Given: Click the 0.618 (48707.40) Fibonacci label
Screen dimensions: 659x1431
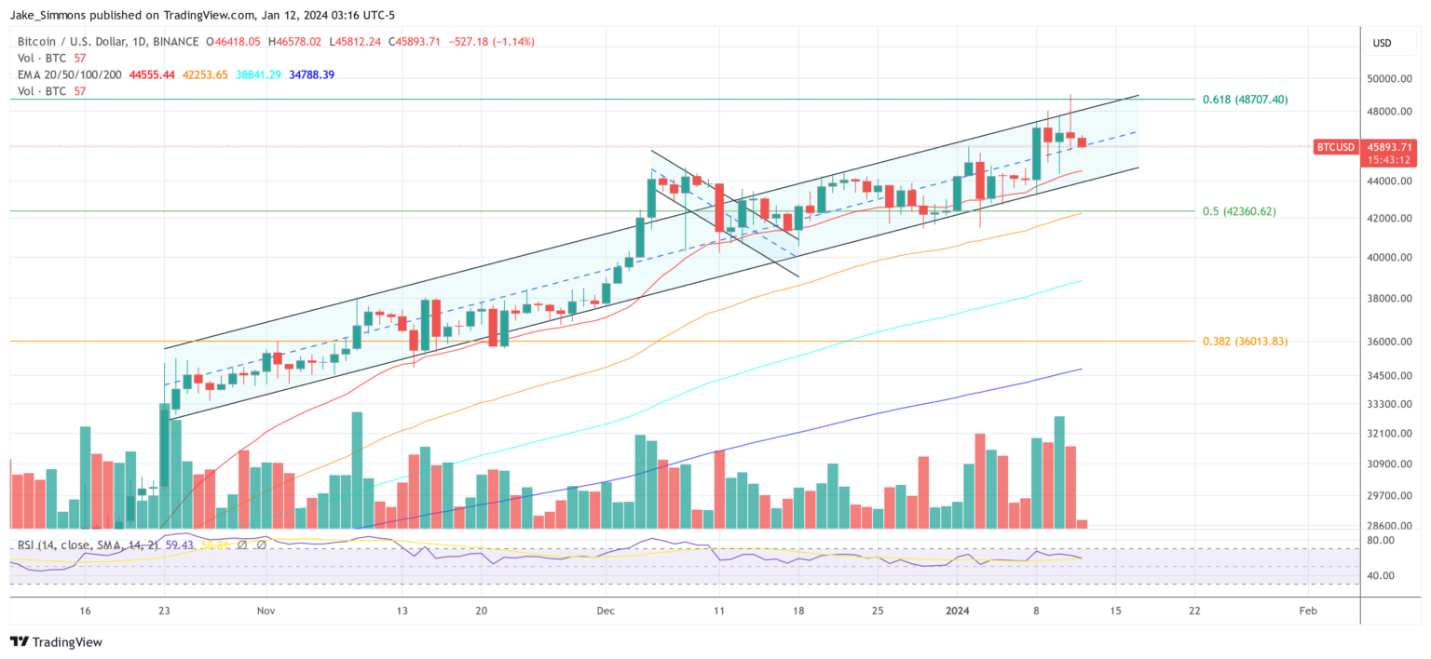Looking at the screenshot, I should coord(1245,99).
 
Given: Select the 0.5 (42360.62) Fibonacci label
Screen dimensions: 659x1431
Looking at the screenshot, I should coord(1239,211).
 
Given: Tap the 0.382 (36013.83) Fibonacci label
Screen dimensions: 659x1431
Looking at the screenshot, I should coord(1245,342).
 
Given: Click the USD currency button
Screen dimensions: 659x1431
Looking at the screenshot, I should coord(1382,43).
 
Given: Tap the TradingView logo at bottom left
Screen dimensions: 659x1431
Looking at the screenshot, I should coord(56,642).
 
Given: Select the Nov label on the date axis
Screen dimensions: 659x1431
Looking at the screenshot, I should coord(266,611).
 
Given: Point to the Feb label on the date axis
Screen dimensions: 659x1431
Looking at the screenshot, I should coord(1308,611).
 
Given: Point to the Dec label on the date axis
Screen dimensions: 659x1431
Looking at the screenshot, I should coord(606,611).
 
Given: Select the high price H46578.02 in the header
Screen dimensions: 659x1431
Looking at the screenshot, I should coord(294,42).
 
